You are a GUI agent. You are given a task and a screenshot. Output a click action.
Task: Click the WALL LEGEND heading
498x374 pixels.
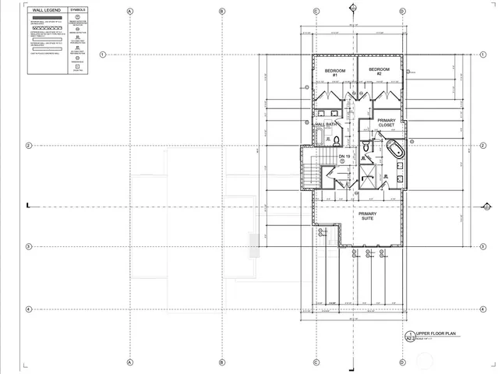[x=44, y=11]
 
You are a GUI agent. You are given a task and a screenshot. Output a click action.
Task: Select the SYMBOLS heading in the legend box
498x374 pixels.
[x=78, y=11]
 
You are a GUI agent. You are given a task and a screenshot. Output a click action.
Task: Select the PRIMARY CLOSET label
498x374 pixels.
[x=387, y=122]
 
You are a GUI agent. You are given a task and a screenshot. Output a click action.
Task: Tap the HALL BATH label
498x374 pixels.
[x=326, y=124]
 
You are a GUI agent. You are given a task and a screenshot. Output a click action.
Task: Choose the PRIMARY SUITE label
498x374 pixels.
[x=366, y=216]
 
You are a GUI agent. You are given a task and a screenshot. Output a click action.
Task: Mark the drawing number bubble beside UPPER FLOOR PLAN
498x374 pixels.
[x=410, y=337]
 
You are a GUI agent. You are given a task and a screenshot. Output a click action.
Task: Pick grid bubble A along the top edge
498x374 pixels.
[x=129, y=12]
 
